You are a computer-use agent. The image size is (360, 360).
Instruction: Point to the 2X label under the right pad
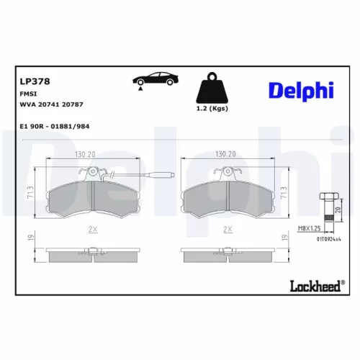pyautogui.click(x=228, y=229)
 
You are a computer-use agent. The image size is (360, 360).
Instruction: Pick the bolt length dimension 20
pyautogui.click(x=338, y=211)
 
